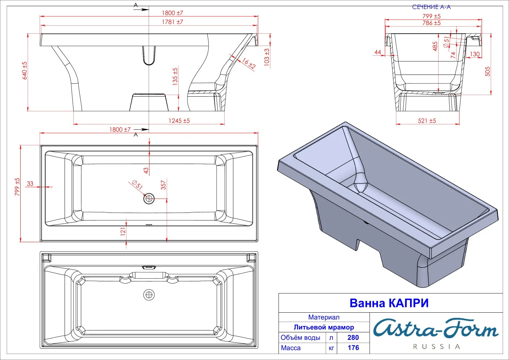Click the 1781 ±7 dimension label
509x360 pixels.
click(172, 22)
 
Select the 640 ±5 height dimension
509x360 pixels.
click(25, 70)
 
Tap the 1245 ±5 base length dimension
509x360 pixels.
click(179, 121)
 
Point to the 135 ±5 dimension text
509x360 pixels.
click(175, 77)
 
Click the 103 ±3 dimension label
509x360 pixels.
click(267, 57)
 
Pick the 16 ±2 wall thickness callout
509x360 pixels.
click(249, 63)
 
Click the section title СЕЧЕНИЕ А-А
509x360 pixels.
click(431, 7)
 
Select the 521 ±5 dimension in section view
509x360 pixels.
click(427, 121)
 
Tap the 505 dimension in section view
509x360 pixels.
click(487, 71)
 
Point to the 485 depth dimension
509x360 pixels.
click(435, 46)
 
